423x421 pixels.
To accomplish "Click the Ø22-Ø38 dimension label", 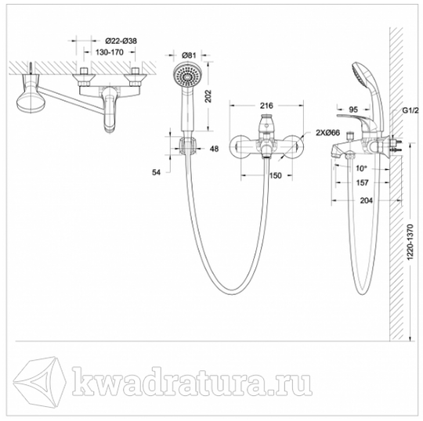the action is [121, 41].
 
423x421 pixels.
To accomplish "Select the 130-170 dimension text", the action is [109, 52].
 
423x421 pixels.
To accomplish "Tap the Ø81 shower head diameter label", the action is [189, 56].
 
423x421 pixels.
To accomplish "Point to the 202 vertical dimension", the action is [208, 96].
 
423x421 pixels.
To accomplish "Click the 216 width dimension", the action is [266, 106].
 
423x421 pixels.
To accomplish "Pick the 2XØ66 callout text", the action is [327, 132].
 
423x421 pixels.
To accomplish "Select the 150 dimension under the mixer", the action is [276, 176].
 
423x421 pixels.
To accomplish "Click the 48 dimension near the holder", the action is [214, 149].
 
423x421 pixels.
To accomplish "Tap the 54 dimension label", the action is [156, 172].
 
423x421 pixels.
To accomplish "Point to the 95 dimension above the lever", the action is [353, 110].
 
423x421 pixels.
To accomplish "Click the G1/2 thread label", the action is [410, 110].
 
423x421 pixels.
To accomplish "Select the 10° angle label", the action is [361, 168].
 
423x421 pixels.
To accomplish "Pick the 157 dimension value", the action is [363, 183].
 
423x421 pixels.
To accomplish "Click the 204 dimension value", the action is [367, 200].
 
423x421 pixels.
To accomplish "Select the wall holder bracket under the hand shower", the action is [188, 147].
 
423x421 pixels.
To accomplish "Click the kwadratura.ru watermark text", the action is [192, 381].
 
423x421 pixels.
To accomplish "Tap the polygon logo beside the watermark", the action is [40, 380].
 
